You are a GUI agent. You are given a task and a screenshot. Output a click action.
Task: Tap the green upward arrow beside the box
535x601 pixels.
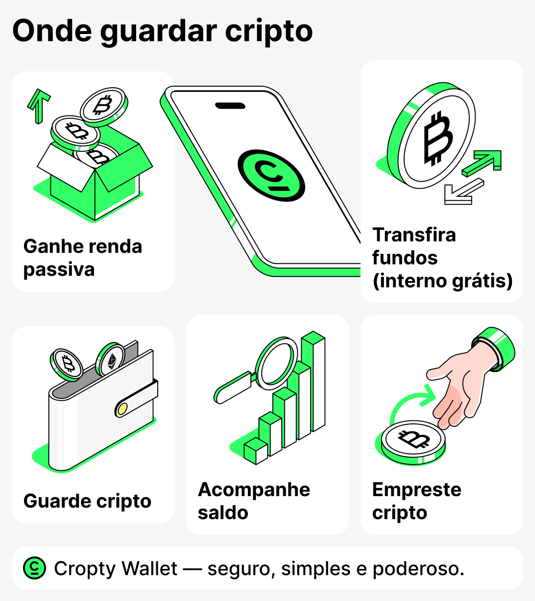pos(38,104)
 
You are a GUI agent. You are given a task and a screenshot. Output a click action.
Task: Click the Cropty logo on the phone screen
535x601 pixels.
pos(271,175)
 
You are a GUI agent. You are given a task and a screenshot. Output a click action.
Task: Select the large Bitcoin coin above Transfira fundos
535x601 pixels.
pos(433,137)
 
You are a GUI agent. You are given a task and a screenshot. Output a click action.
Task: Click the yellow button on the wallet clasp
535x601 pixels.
pos(122,408)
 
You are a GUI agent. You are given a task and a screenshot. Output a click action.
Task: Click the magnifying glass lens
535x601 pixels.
pos(276,362)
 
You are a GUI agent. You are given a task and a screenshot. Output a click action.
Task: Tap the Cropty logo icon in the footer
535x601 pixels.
pos(35,568)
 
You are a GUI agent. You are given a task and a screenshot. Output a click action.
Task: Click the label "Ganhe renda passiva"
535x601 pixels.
pos(82,258)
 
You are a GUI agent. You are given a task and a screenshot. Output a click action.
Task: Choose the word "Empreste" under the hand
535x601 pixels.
pos(417,490)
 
